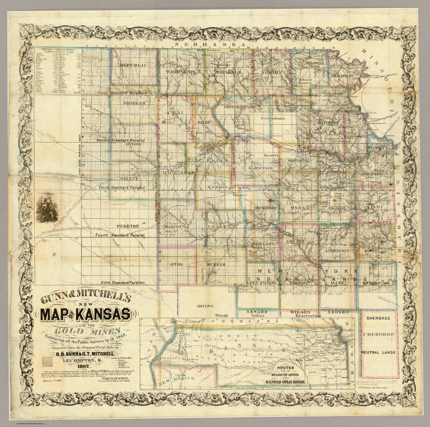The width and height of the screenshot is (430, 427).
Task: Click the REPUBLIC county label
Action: tap(133, 65)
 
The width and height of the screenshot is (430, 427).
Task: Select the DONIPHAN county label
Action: tap(342, 76)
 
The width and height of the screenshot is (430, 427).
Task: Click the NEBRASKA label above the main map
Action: tap(209, 45)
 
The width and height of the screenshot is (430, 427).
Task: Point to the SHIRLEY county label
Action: tap(135, 103)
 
